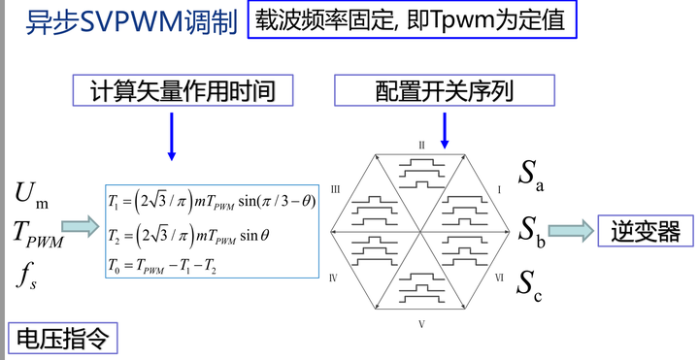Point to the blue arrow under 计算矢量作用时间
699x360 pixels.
pyautogui.click(x=172, y=135)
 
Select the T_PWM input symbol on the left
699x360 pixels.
pyautogui.click(x=37, y=233)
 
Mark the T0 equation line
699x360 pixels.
pyautogui.click(x=172, y=263)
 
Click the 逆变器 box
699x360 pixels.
pyautogui.click(x=646, y=231)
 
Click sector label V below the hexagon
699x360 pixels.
pyautogui.click(x=421, y=323)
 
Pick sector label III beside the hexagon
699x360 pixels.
pyautogui.click(x=335, y=190)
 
